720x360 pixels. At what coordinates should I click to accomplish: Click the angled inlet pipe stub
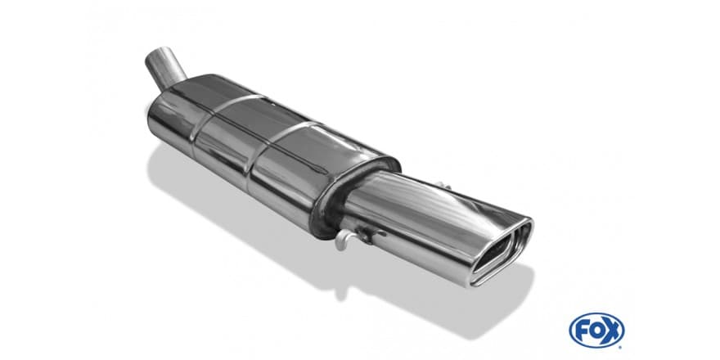(164, 69)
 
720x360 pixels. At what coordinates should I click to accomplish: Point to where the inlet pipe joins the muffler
(172, 85)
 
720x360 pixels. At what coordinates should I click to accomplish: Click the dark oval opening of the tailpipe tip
(498, 250)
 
